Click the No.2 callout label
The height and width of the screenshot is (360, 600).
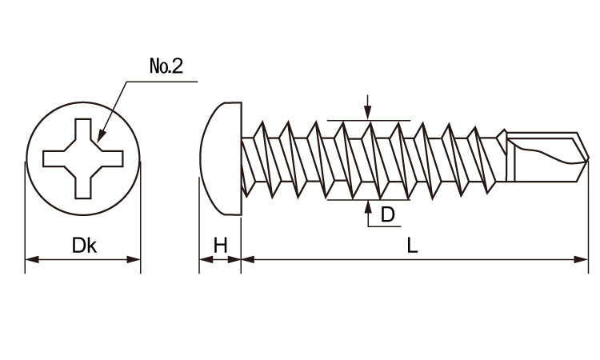[166, 66]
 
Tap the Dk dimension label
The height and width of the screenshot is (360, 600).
[84, 246]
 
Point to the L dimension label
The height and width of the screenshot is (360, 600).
[412, 246]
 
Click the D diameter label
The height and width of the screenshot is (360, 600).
[387, 214]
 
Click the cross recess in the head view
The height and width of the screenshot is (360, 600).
[83, 158]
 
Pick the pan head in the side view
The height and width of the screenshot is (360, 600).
[222, 158]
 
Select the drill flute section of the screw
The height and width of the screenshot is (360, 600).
[544, 156]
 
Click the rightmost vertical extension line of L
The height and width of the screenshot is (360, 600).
[588, 216]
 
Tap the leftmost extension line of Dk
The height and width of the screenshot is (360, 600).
[26, 216]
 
